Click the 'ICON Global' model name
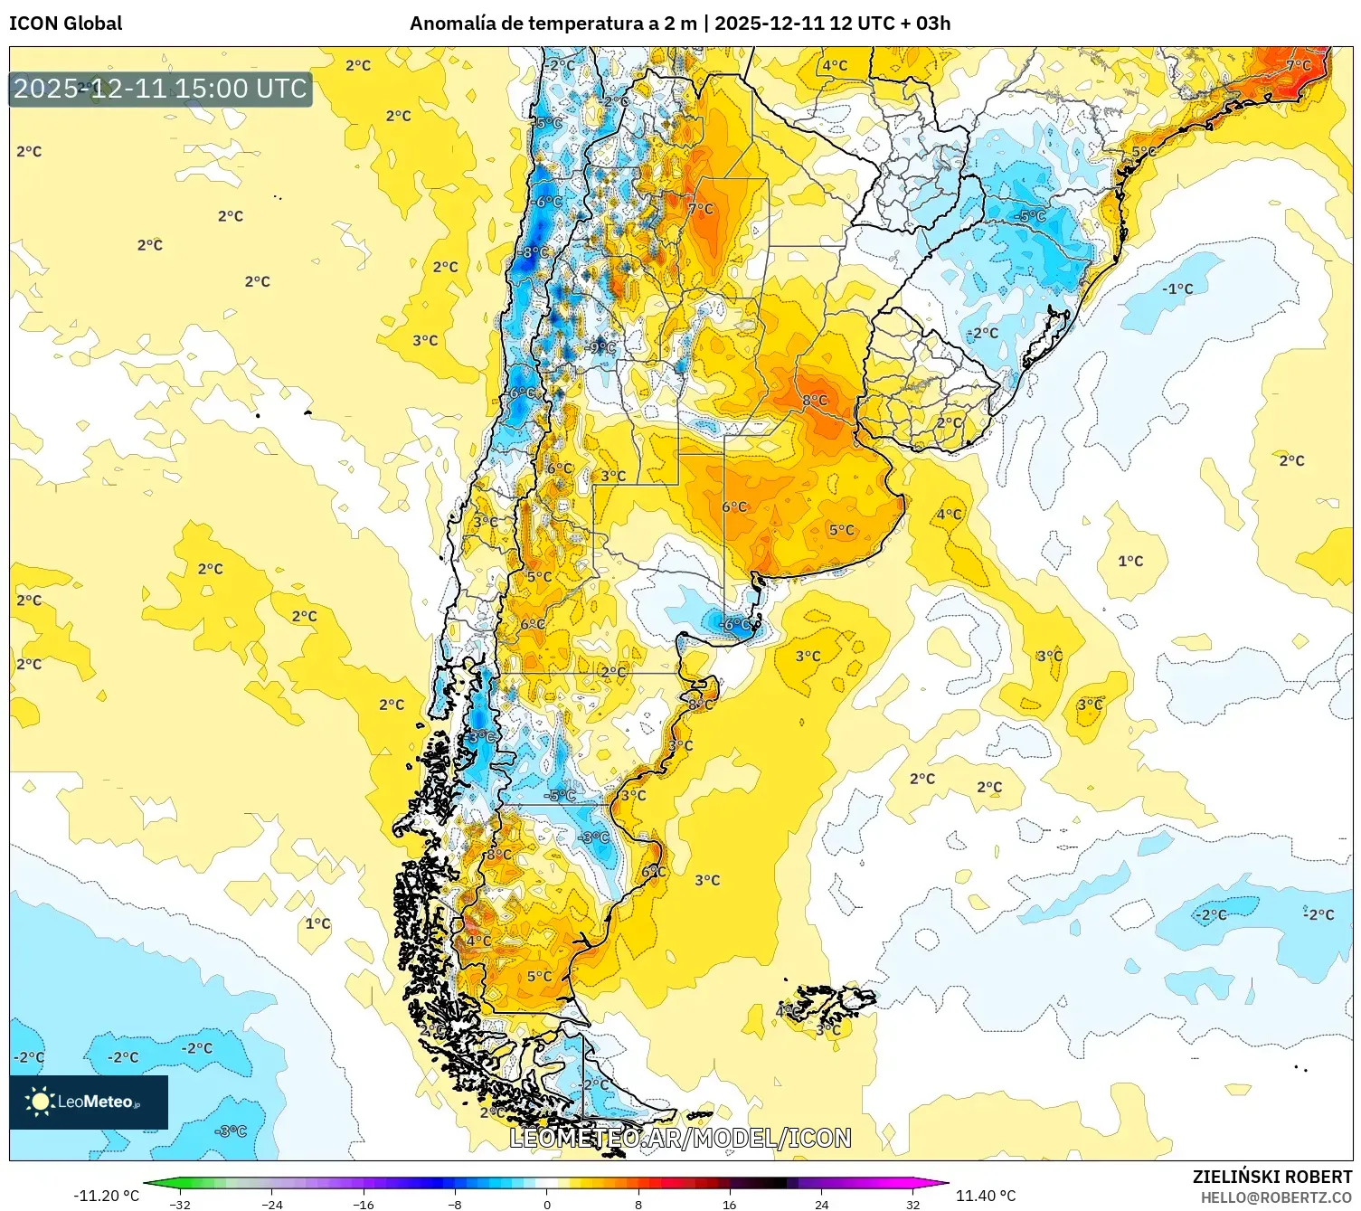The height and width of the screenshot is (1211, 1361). pos(65,24)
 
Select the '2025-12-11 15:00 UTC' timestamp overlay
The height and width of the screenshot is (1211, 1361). pos(160,89)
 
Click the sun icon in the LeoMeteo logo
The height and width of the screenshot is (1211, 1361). pos(40,1101)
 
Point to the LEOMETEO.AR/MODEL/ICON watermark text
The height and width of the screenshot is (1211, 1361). pos(680,1138)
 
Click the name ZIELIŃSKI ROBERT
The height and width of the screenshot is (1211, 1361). pos(1271,1177)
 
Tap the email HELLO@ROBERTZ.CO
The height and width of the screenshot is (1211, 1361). pos(1276,1197)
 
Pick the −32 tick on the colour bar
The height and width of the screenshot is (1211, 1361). pos(181,1204)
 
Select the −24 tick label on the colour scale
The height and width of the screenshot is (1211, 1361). pos(272,1204)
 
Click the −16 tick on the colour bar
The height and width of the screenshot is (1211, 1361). pos(364,1204)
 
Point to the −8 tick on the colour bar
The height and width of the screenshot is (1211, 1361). pos(455,1204)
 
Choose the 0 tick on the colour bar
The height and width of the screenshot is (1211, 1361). pos(546,1204)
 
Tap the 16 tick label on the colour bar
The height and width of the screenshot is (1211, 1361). pos(729,1204)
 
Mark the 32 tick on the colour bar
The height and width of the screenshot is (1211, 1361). pos(912,1204)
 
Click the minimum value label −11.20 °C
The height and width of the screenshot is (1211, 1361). pos(106,1196)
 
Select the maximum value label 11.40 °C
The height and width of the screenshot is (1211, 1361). pos(986,1196)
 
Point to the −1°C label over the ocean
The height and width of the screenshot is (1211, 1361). pos(1177,289)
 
